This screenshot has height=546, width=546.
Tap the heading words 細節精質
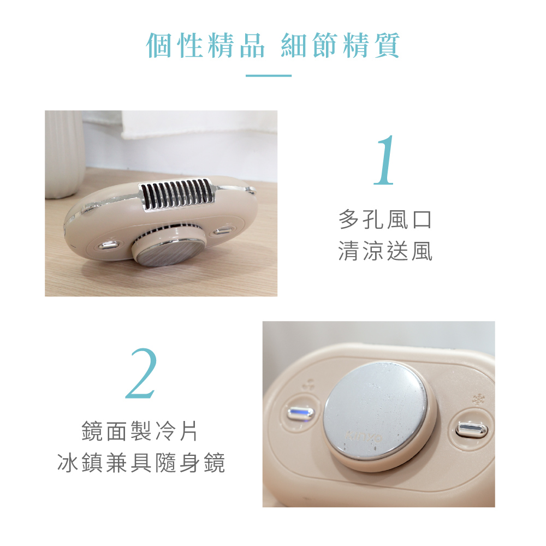pos(340,46)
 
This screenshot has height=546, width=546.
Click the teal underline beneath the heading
pos(269,75)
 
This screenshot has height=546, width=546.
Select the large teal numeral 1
pos(384,160)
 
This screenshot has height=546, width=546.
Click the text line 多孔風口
pos(385,219)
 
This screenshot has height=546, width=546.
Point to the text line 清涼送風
pos(385,251)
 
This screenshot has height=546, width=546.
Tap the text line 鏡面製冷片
pos(140,431)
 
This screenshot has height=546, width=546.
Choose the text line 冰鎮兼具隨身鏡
pos(141,462)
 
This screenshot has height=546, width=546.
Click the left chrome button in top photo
pos(108,245)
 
